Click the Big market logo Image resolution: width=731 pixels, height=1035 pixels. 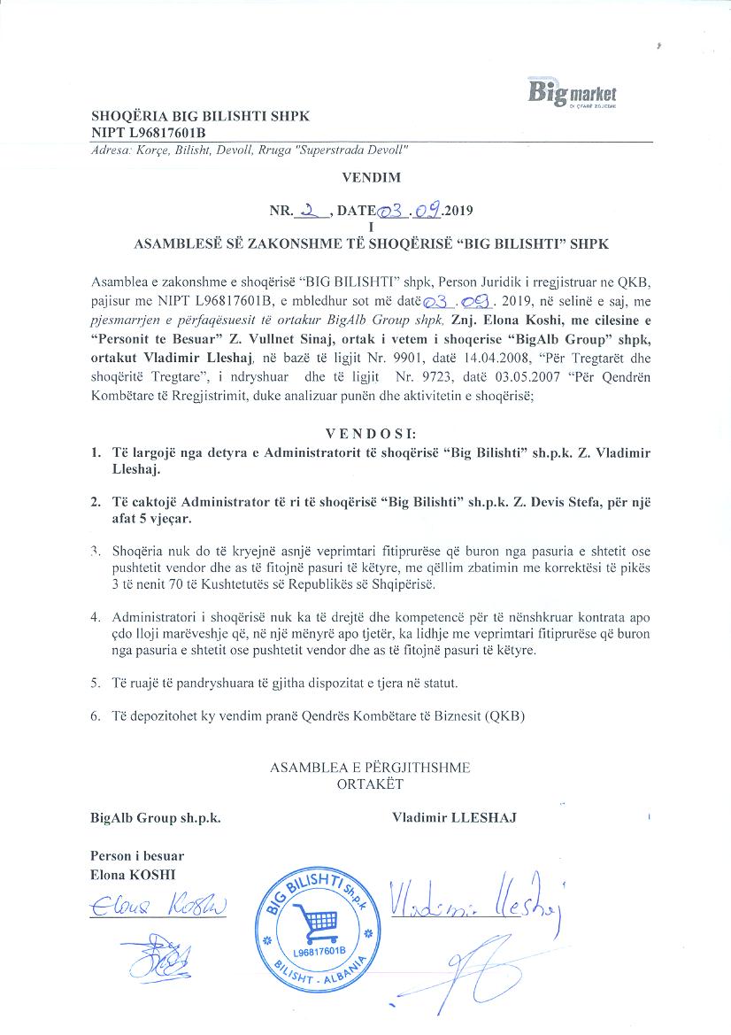[x=572, y=92]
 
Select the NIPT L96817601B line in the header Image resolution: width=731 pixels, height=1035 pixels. [x=148, y=132]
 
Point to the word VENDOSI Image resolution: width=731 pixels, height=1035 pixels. [x=369, y=435]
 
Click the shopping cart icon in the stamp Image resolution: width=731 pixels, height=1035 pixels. [x=317, y=923]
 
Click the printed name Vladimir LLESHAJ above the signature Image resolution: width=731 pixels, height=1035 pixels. [x=454, y=818]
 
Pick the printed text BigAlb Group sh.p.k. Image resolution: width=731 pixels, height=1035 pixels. [x=155, y=818]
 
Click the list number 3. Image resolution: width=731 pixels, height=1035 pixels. [x=95, y=550]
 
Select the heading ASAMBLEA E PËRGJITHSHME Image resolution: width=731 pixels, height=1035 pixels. [x=370, y=768]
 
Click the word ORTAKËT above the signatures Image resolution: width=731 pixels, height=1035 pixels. [x=370, y=783]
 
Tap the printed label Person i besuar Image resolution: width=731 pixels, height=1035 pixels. [x=137, y=856]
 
